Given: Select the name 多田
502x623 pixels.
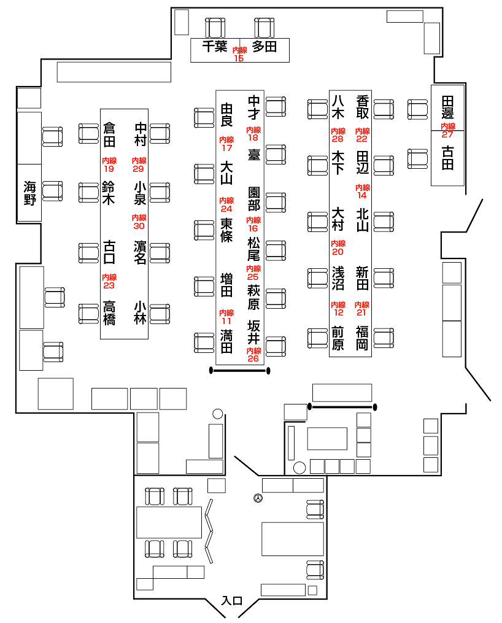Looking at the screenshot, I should click(265, 46).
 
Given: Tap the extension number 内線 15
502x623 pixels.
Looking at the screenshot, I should click(239, 55).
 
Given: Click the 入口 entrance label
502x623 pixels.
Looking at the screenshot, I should click(233, 600).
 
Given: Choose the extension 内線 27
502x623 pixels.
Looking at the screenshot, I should click(447, 130).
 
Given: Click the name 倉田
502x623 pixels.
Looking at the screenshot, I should click(109, 135).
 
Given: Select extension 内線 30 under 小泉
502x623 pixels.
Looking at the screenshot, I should click(139, 222).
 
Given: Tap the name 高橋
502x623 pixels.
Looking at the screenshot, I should click(109, 313).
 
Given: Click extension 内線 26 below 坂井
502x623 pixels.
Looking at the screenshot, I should click(253, 355).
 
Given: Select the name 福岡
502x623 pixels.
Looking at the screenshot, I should click(362, 338).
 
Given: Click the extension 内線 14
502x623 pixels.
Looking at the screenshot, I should click(361, 191).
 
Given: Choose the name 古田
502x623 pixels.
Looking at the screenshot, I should click(447, 158).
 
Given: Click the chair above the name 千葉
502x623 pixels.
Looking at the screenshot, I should click(215, 27).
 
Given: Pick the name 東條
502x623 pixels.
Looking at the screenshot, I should click(226, 230).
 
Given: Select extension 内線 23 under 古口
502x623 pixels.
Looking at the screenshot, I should click(109, 281).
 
